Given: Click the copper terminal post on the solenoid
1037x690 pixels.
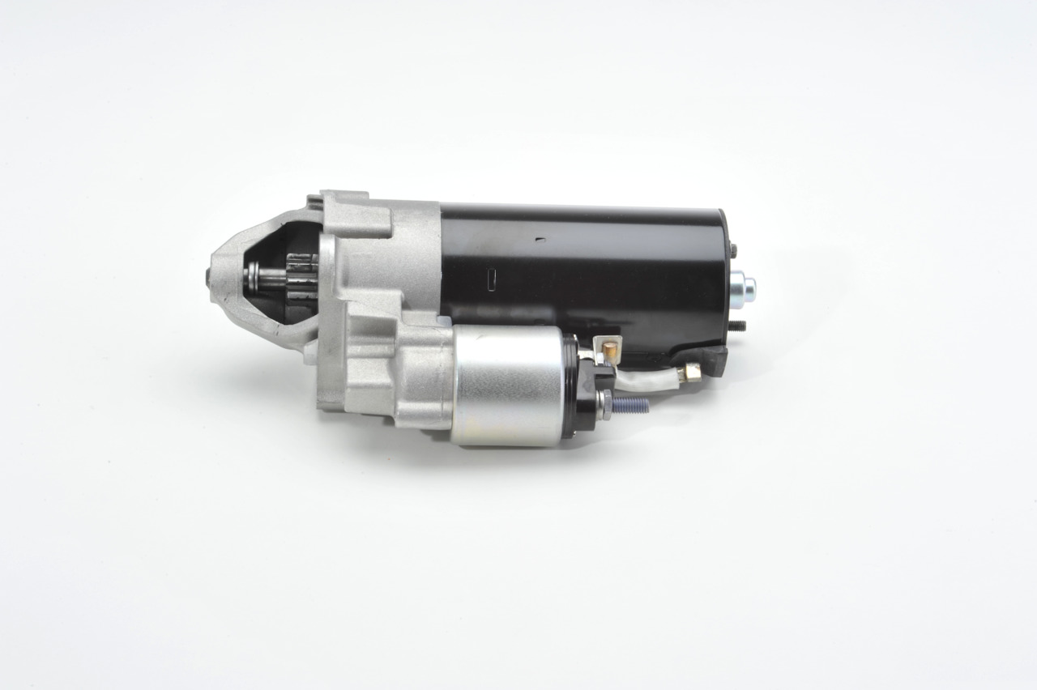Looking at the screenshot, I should (x=610, y=349).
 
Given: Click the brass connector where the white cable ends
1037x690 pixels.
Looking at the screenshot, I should (x=691, y=371).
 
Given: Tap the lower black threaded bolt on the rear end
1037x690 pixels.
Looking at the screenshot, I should (x=737, y=326).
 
